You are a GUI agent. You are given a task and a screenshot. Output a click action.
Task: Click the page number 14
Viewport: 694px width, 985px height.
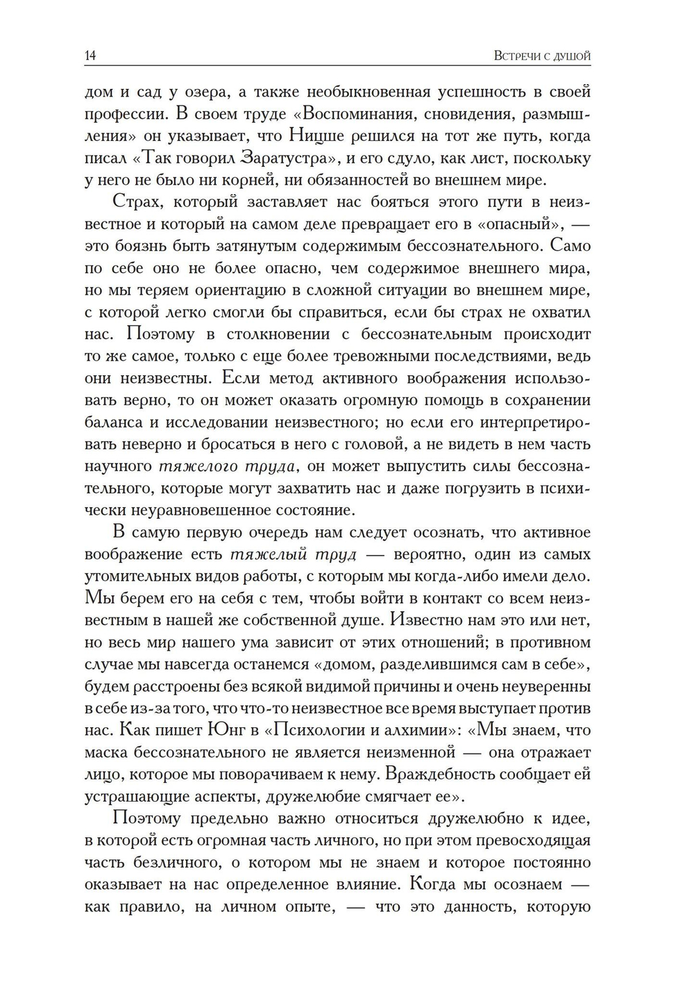pos(90,56)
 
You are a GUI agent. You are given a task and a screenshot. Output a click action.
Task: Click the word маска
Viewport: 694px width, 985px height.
pos(105,752)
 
